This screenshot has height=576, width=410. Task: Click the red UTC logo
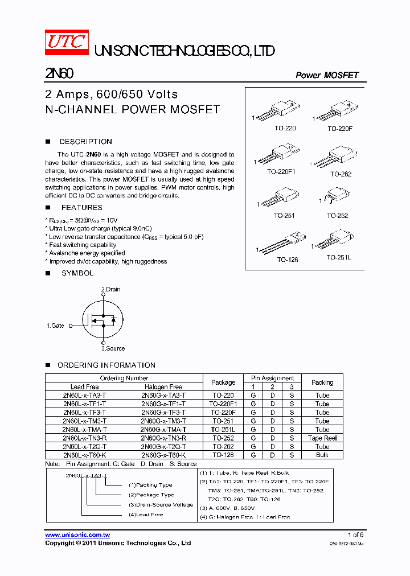67,43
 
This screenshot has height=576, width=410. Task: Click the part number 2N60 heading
59,75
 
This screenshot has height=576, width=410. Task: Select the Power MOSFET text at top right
327,76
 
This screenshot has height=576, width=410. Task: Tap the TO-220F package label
340,129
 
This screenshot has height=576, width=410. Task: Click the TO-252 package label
338,216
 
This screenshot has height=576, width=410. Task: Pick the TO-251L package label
339,258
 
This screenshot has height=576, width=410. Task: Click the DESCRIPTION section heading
85,142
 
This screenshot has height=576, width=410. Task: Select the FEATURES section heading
81,208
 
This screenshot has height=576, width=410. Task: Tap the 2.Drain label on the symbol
111,289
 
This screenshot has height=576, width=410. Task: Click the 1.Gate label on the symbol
55,326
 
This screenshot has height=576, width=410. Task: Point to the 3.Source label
113,348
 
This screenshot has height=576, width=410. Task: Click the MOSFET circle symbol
102,319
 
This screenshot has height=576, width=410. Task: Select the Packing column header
322,382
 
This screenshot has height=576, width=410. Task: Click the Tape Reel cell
322,438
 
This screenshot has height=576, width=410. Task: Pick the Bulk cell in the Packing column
322,455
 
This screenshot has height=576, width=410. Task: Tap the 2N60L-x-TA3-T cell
84,395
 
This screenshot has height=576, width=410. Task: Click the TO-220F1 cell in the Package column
223,404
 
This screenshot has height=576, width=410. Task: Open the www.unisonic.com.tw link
77,535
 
